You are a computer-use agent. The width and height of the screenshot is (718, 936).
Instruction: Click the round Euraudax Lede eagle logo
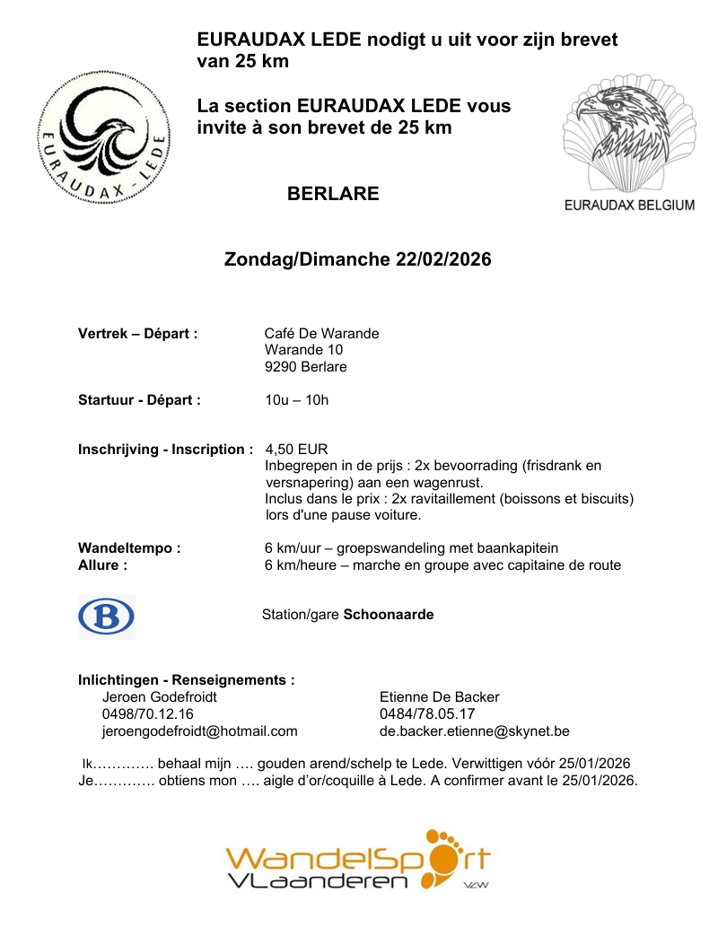(x=102, y=137)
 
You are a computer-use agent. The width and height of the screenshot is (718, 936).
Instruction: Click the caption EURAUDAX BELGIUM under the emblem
(x=629, y=205)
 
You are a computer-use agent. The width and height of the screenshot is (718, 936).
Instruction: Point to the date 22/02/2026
(x=443, y=260)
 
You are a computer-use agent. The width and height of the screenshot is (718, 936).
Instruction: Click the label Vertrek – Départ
(x=137, y=334)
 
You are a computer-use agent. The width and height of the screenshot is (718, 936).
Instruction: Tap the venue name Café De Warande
(x=321, y=334)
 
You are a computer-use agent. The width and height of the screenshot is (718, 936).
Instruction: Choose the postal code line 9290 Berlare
(x=305, y=367)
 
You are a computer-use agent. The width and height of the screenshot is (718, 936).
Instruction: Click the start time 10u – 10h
(x=296, y=400)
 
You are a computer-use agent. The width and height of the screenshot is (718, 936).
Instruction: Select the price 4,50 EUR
(x=296, y=450)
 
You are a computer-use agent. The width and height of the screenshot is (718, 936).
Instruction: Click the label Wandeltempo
(x=129, y=548)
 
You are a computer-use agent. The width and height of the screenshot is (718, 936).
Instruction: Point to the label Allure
(x=102, y=565)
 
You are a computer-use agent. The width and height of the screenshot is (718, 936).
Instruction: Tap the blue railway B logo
(x=106, y=617)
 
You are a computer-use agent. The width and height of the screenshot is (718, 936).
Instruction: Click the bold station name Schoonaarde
(x=389, y=616)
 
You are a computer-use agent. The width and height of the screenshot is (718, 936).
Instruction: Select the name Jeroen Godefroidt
(x=160, y=697)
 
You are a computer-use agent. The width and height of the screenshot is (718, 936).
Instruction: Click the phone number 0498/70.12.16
(x=148, y=714)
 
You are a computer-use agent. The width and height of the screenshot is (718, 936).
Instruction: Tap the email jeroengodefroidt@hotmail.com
(x=200, y=731)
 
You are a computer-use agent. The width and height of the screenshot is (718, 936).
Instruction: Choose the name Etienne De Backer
(x=440, y=697)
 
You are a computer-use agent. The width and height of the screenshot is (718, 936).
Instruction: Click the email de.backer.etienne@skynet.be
(x=475, y=731)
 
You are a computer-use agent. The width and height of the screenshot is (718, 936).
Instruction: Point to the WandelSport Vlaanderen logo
(x=358, y=862)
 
